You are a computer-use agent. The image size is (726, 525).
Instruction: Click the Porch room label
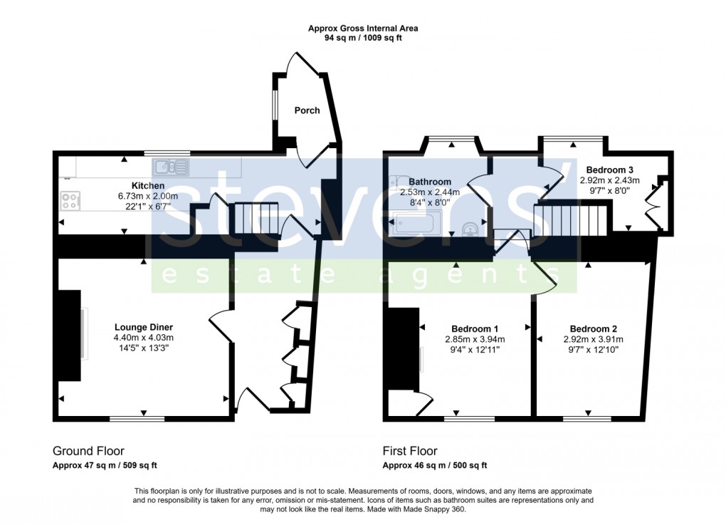[307, 110]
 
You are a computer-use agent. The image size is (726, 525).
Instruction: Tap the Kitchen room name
[148, 186]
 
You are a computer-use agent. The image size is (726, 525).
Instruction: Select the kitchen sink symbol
[169, 167]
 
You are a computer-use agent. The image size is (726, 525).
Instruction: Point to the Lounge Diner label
[143, 327]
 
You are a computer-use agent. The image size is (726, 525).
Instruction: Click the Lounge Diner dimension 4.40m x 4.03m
[143, 338]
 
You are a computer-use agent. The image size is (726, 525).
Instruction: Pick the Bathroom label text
[429, 182]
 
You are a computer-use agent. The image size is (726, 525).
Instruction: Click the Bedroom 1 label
[475, 328]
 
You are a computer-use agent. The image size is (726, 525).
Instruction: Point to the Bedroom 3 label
[609, 170]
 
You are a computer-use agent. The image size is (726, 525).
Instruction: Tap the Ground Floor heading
[88, 451]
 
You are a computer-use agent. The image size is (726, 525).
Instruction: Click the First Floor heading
[410, 451]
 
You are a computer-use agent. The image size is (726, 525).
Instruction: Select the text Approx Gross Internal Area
[363, 28]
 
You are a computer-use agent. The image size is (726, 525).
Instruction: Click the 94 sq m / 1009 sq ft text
[363, 38]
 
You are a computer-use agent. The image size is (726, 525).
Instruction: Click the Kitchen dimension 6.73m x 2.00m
[148, 196]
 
